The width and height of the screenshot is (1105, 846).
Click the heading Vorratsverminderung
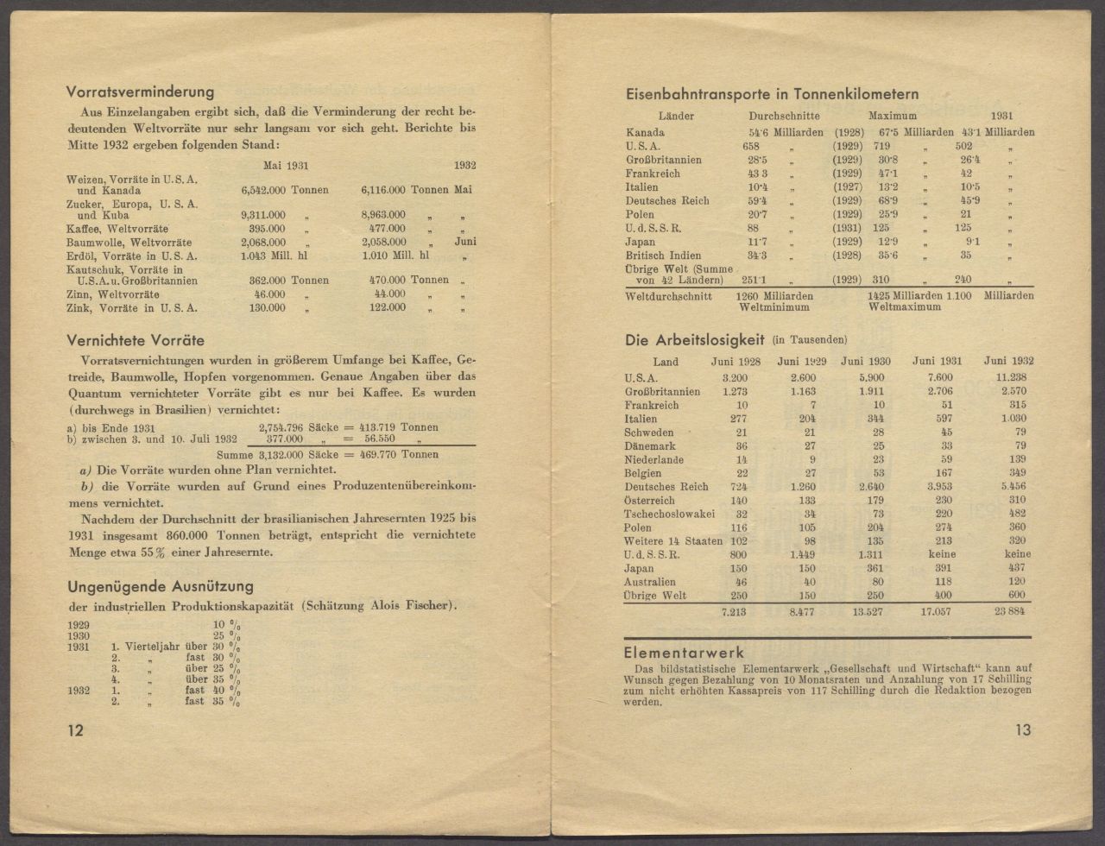click(140, 92)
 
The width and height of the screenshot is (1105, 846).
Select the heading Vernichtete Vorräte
click(136, 340)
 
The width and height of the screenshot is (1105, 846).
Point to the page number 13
click(1022, 730)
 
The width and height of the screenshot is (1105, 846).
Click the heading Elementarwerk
click(684, 653)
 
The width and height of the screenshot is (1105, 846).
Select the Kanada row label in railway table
click(645, 132)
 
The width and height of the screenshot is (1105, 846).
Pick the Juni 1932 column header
click(1007, 362)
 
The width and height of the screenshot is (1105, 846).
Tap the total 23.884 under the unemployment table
click(1009, 612)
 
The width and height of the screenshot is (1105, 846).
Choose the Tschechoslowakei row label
click(669, 514)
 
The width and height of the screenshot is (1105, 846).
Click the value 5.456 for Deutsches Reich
click(1012, 487)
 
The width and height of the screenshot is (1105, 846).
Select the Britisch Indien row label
click(664, 256)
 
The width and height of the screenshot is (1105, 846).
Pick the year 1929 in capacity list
click(79, 622)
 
